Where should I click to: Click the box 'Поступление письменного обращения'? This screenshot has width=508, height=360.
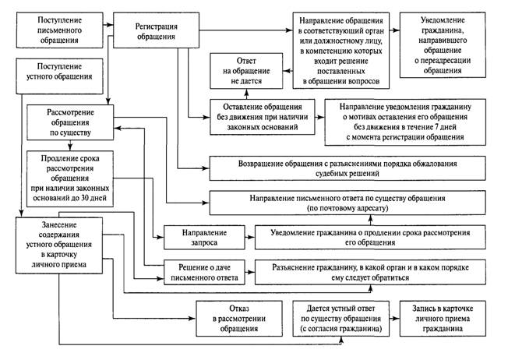tap(60, 30)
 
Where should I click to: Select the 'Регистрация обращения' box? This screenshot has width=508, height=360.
tap(156, 30)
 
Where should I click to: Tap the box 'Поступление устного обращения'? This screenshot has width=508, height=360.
tap(60, 76)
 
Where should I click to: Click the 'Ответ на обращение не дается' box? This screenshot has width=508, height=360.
tap(246, 71)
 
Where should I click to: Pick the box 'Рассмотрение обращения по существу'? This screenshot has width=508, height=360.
tap(70, 122)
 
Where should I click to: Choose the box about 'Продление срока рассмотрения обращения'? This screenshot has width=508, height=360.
tap(70, 178)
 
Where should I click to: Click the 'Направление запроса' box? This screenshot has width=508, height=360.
tap(204, 238)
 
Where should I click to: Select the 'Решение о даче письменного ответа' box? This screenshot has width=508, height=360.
tap(204, 273)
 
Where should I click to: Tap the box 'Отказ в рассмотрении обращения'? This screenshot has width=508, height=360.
tap(239, 319)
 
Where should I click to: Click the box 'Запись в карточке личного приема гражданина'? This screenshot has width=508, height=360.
tap(443, 319)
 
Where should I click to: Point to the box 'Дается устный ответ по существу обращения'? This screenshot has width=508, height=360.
tap(340, 319)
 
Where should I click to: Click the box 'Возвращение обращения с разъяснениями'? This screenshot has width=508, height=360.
tap(347, 168)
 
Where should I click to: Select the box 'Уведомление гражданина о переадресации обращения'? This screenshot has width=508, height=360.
tap(443, 45)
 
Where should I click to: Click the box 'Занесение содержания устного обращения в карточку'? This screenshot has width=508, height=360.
tap(59, 245)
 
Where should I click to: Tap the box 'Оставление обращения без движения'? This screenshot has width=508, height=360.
tap(263, 117)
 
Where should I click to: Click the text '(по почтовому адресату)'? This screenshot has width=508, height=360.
tap(347, 208)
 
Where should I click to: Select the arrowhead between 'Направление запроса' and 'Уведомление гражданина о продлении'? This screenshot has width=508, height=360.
tap(252, 237)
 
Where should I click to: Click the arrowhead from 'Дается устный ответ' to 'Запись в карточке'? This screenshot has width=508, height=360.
tap(396, 319)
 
